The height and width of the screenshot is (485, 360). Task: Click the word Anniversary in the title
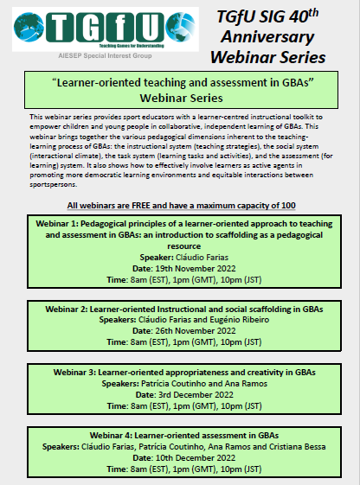coord(271,37)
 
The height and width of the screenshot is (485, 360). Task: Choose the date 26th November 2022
coord(196,329)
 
